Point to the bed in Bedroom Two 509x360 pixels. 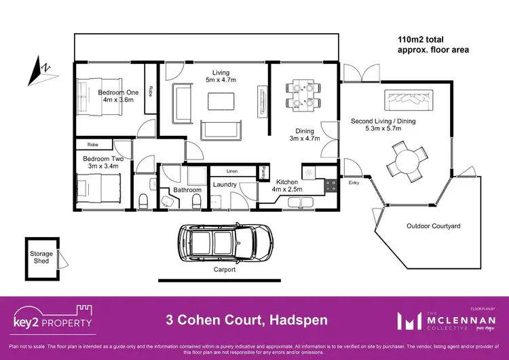98,186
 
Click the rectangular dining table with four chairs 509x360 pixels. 299,95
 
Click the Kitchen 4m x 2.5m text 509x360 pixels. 290,185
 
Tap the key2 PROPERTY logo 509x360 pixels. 53,318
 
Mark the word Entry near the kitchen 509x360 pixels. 353,183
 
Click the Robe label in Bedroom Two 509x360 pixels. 93,145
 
